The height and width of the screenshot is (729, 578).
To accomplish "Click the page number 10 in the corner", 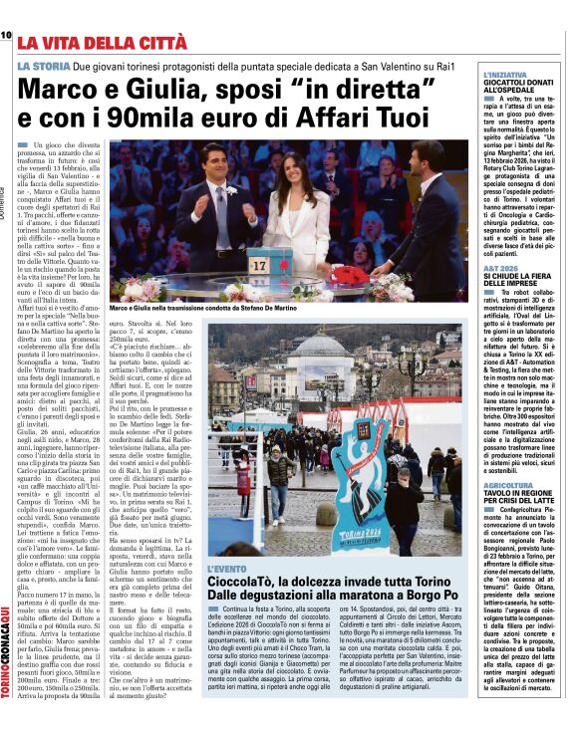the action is click(x=6, y=35).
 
